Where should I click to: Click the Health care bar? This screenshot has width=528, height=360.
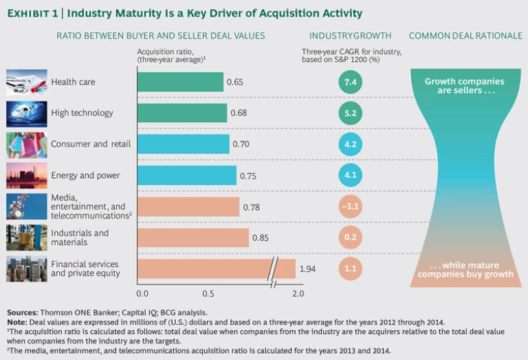180,82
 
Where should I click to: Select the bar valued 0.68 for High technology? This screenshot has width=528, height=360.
181,113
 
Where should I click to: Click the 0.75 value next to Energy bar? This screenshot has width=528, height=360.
248,175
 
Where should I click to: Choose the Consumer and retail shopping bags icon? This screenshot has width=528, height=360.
27,144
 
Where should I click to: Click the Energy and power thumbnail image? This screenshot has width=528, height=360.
27,175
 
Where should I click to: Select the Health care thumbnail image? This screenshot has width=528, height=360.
27,82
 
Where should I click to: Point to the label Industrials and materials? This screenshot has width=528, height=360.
80,238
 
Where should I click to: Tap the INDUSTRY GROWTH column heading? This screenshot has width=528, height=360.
351,35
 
